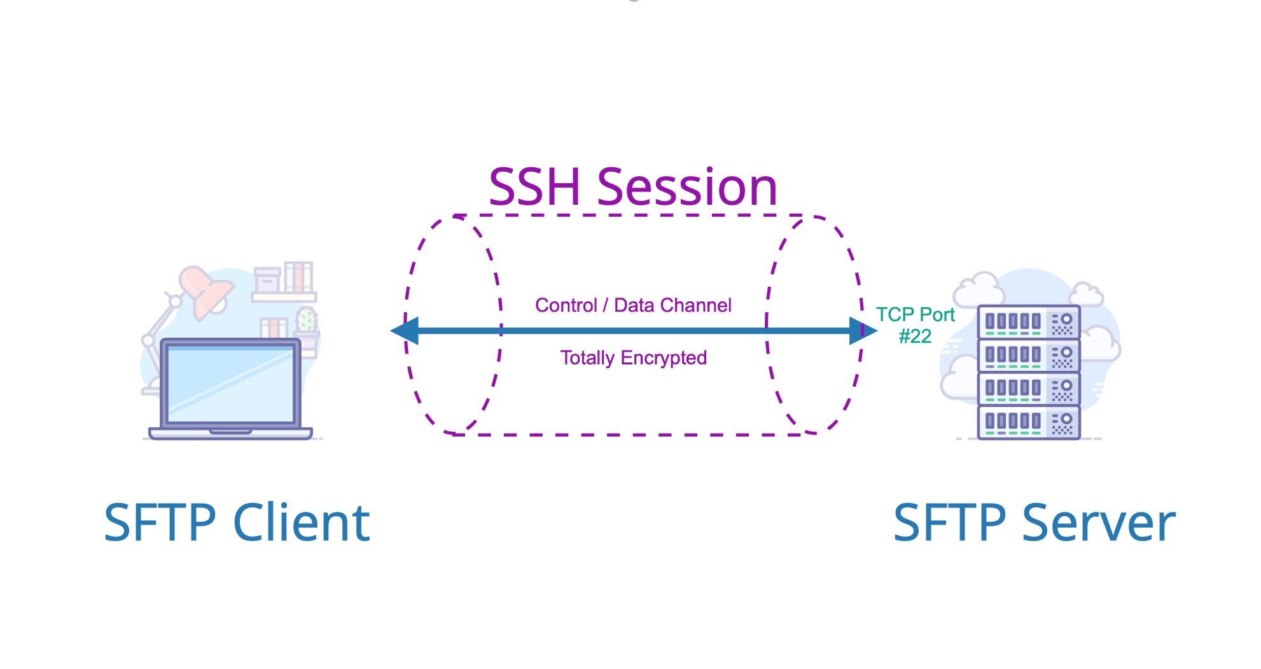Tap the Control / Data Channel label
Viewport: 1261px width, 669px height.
[x=633, y=305]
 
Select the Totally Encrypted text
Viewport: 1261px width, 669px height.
[x=633, y=358]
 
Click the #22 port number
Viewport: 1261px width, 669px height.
[x=915, y=336]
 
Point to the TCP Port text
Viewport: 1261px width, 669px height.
[x=915, y=314]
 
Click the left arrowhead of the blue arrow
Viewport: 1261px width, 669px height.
[x=405, y=331]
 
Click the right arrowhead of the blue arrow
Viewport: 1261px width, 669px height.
[x=862, y=331]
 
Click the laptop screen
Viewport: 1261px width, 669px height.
[x=230, y=384]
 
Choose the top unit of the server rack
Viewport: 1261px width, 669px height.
[x=1028, y=322]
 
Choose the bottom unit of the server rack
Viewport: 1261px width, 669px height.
[x=1028, y=422]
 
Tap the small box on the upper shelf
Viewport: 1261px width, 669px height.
[x=267, y=280]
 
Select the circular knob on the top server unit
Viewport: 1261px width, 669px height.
[x=1066, y=319]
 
